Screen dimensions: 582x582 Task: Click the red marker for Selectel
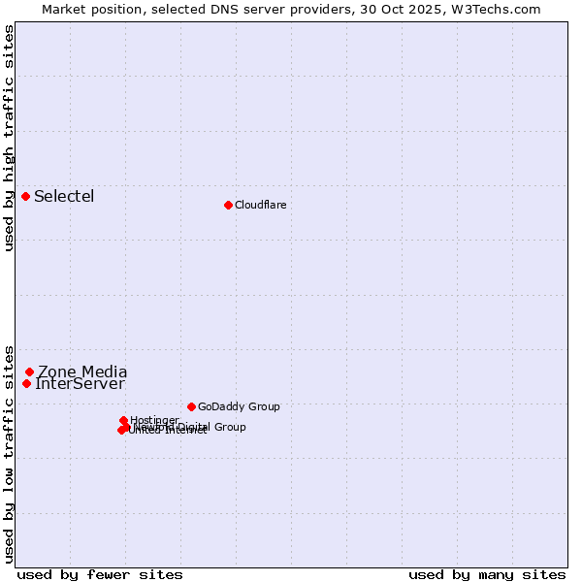click(x=26, y=197)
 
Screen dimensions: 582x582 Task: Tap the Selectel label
click(x=64, y=197)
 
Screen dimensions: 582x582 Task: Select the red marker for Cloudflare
click(x=228, y=205)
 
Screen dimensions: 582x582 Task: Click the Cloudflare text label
click(x=260, y=205)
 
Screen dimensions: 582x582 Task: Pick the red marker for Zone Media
click(x=30, y=372)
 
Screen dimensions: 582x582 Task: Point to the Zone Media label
click(x=82, y=372)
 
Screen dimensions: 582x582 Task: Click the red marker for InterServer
click(x=27, y=383)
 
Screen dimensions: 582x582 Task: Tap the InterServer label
click(x=80, y=384)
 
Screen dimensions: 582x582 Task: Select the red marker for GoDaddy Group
click(x=191, y=406)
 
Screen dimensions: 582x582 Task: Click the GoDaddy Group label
click(x=239, y=406)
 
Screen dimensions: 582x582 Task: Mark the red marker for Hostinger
click(x=124, y=420)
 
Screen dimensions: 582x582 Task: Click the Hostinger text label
click(x=154, y=420)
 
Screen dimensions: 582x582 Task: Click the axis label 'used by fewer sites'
click(x=100, y=574)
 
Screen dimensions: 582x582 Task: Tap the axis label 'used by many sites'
click(x=486, y=574)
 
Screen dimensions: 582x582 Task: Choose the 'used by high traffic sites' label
click(x=9, y=138)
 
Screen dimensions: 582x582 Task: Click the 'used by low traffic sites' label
click(x=9, y=453)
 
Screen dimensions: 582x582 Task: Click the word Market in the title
click(x=66, y=9)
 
